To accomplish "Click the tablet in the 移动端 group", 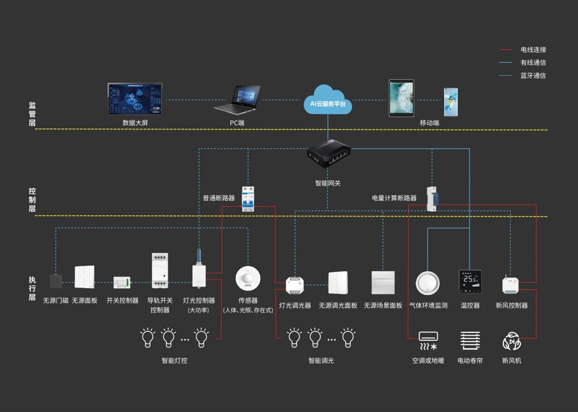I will coord(401,98).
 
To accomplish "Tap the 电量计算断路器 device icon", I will coord(432,198).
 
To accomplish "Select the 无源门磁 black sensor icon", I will coord(56,281).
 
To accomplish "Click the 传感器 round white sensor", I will coord(247,279).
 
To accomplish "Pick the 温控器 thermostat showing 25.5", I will coord(470,281).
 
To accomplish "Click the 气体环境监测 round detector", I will coord(427,282).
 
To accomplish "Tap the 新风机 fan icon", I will coord(511,341).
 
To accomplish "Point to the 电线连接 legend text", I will coord(533,50).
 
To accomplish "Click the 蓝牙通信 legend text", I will coord(533,75).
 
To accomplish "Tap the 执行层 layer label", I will coord(32,288).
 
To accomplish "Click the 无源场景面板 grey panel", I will coord(383,282).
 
